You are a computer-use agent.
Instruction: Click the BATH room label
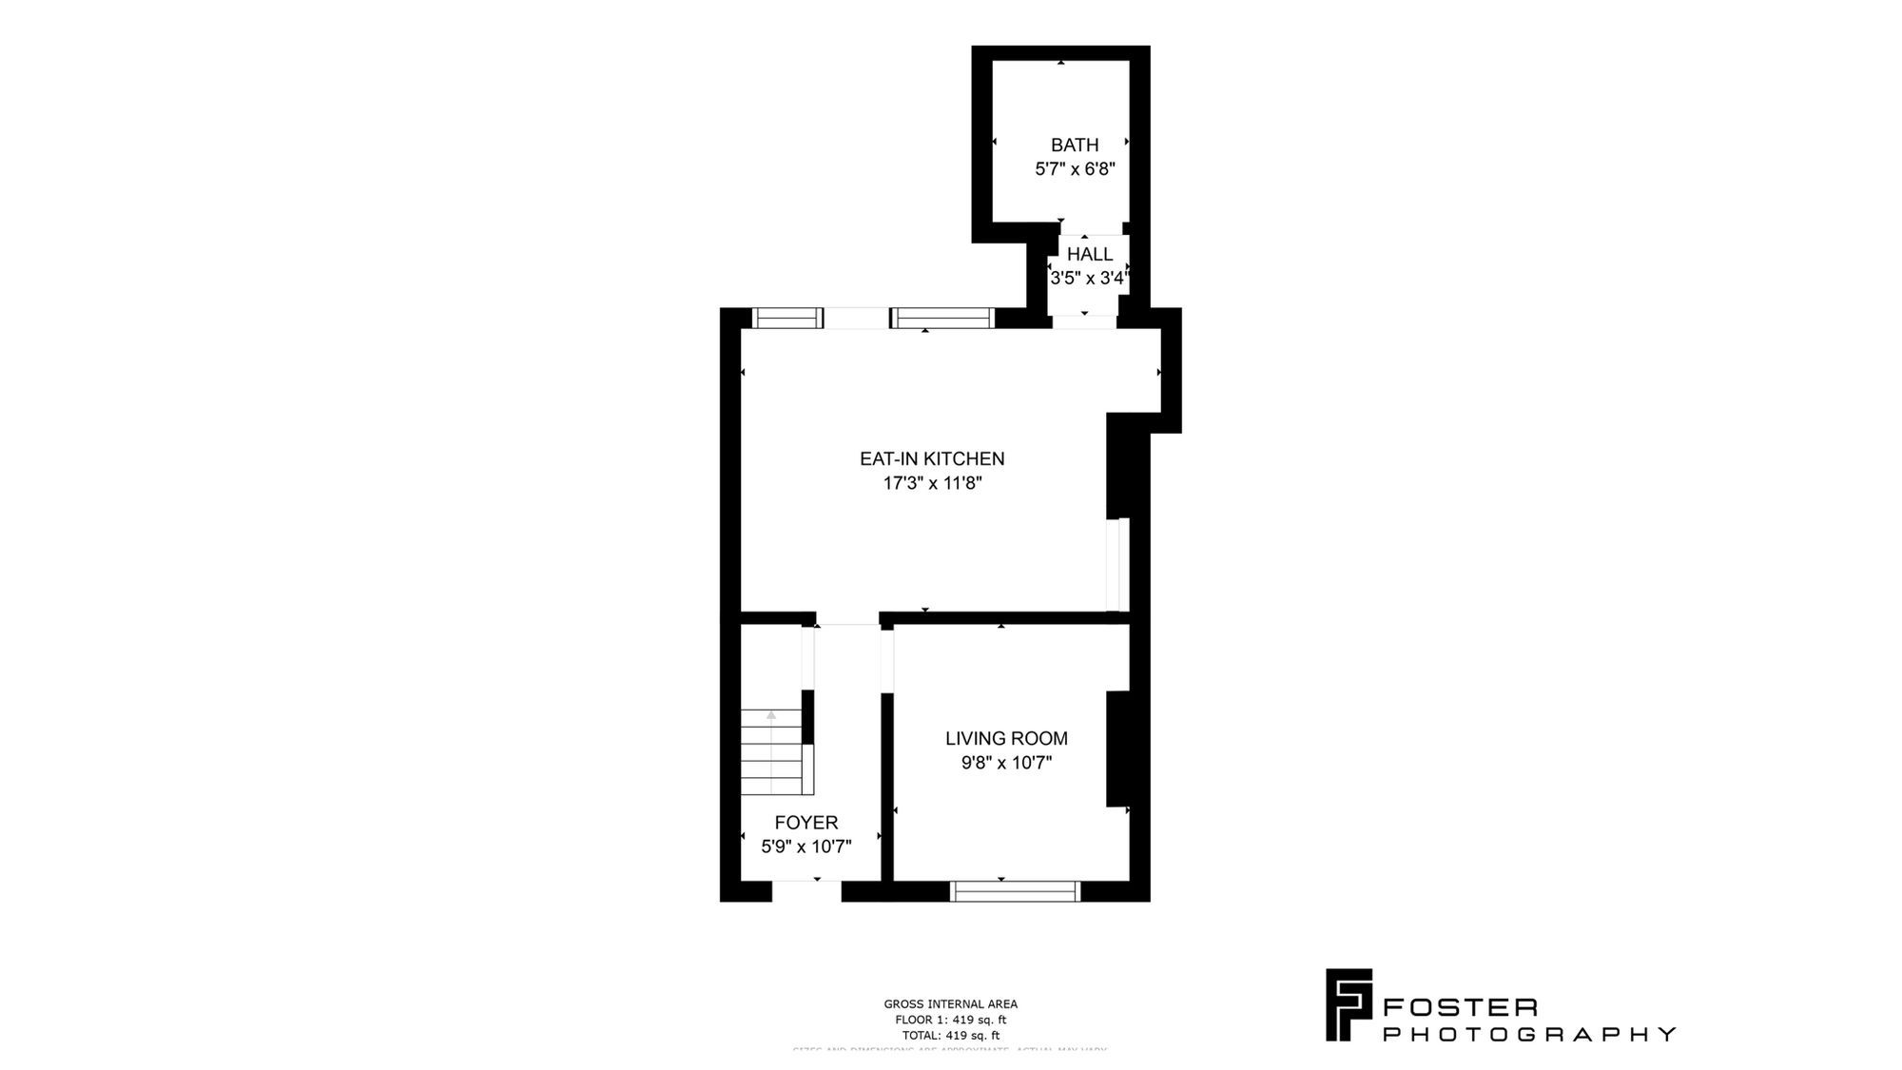tap(1075, 145)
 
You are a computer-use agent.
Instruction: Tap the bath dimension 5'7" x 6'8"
tap(1075, 169)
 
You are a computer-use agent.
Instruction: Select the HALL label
tap(1089, 254)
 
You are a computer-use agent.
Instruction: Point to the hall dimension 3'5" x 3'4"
tap(1089, 279)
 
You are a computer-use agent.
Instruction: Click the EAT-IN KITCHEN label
tap(932, 458)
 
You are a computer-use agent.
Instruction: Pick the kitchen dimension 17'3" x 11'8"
tap(932, 483)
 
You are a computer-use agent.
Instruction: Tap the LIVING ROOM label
tap(1006, 738)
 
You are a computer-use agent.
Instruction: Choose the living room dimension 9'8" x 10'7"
tap(1006, 763)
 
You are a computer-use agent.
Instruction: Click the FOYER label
tap(806, 823)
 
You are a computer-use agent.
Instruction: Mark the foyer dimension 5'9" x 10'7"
tap(806, 846)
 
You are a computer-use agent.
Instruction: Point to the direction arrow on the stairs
tap(771, 715)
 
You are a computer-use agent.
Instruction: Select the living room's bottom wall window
tap(1016, 891)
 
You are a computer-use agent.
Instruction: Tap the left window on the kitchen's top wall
tap(787, 318)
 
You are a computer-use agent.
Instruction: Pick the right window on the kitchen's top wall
tap(942, 318)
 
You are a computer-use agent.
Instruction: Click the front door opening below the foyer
tap(806, 891)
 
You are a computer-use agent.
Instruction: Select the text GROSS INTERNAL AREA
tap(950, 1003)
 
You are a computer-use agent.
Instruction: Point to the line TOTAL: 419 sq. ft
tap(950, 1036)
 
